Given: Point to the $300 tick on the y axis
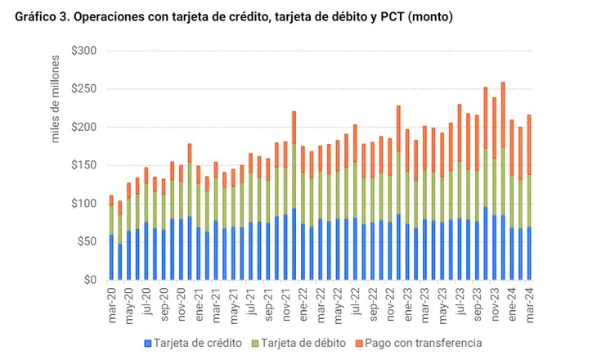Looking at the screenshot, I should [84, 51].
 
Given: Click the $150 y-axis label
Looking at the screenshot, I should [84, 165].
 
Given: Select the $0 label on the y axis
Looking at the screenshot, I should [91, 280].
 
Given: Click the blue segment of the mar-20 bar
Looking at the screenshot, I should [111, 258].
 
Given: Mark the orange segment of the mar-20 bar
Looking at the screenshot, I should [111, 200].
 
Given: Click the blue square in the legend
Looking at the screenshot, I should [148, 343].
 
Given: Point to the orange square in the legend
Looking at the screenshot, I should [358, 343].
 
